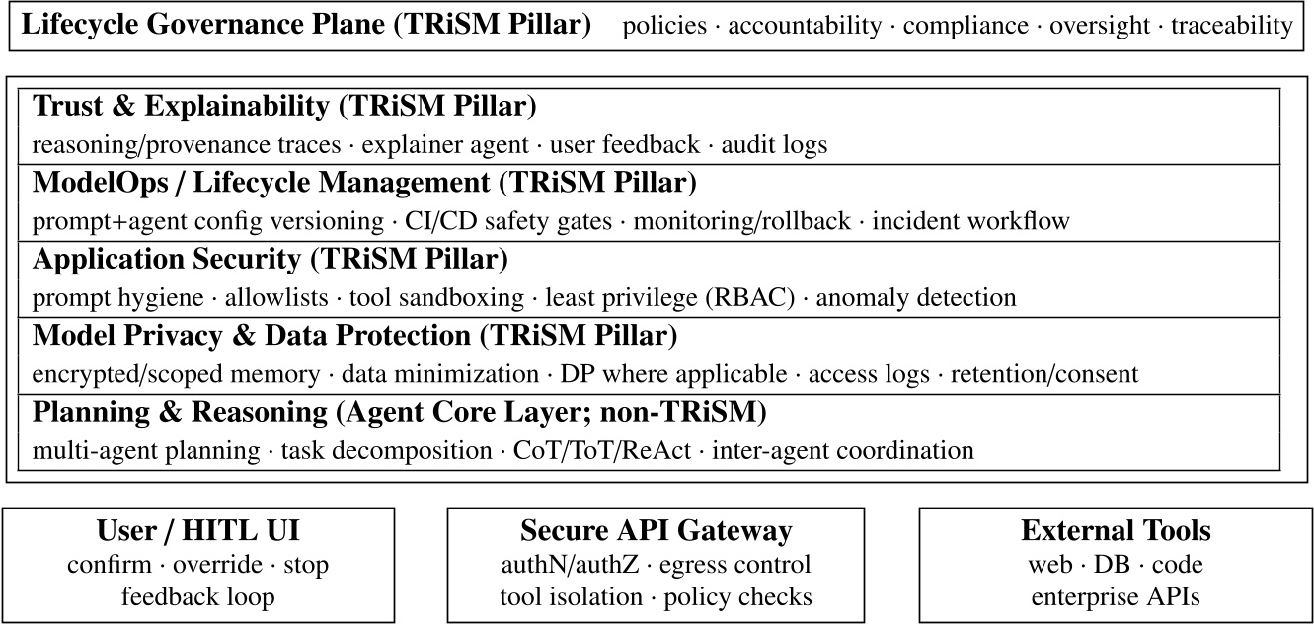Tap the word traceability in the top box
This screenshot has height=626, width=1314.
click(x=1231, y=26)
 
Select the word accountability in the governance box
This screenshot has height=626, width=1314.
click(x=805, y=26)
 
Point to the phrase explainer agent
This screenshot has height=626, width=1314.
click(x=445, y=145)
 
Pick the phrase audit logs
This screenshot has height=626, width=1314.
click(x=774, y=145)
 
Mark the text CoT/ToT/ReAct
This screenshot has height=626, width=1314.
click(x=602, y=451)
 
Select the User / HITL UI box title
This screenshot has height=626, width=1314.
click(x=198, y=531)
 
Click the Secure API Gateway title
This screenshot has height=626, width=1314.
click(x=656, y=531)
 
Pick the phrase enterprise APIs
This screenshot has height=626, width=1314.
click(x=1116, y=596)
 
